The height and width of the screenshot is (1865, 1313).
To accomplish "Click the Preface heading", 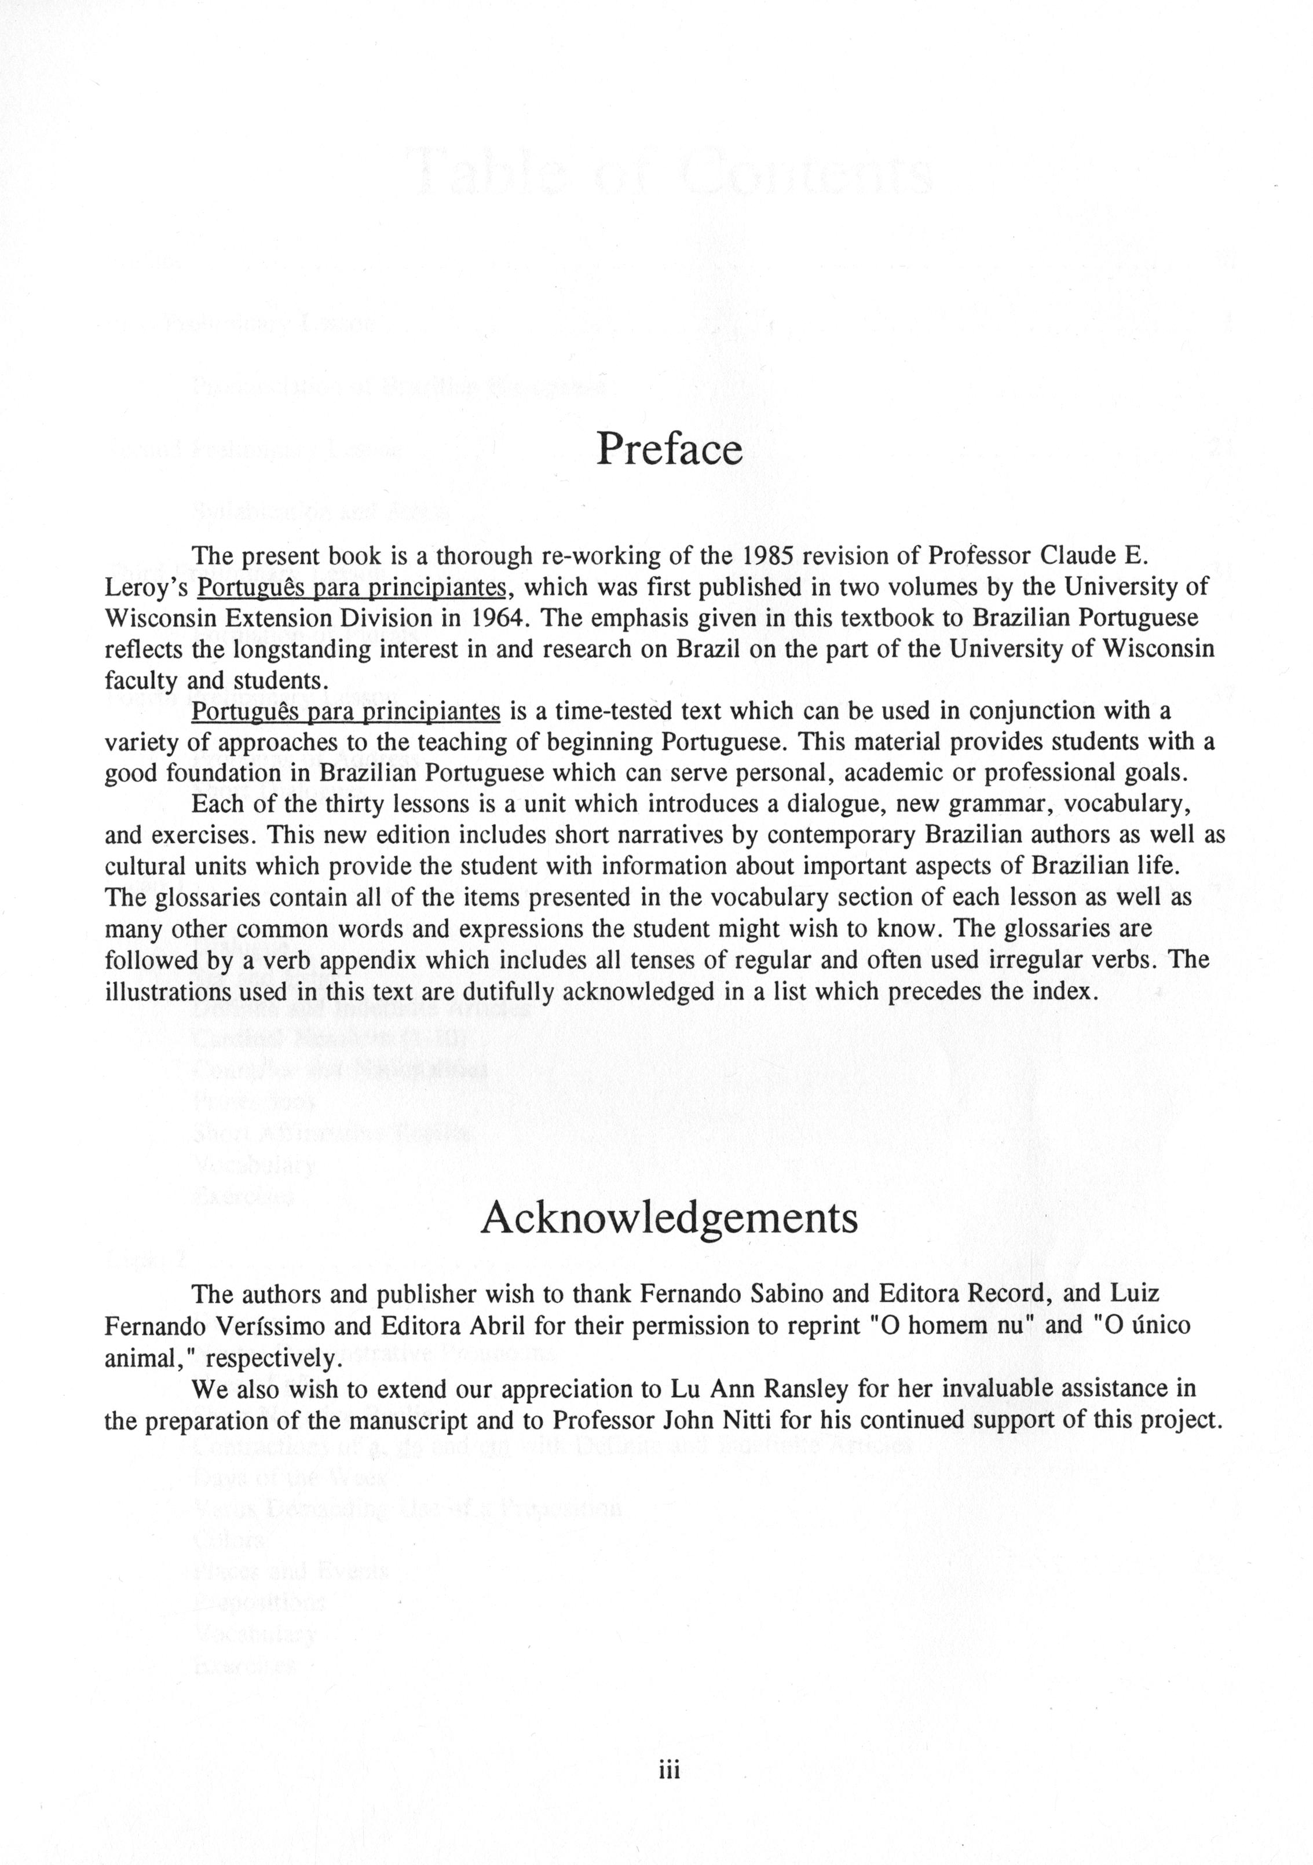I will point(669,449).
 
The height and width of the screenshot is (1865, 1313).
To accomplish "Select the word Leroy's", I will point(147,587).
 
